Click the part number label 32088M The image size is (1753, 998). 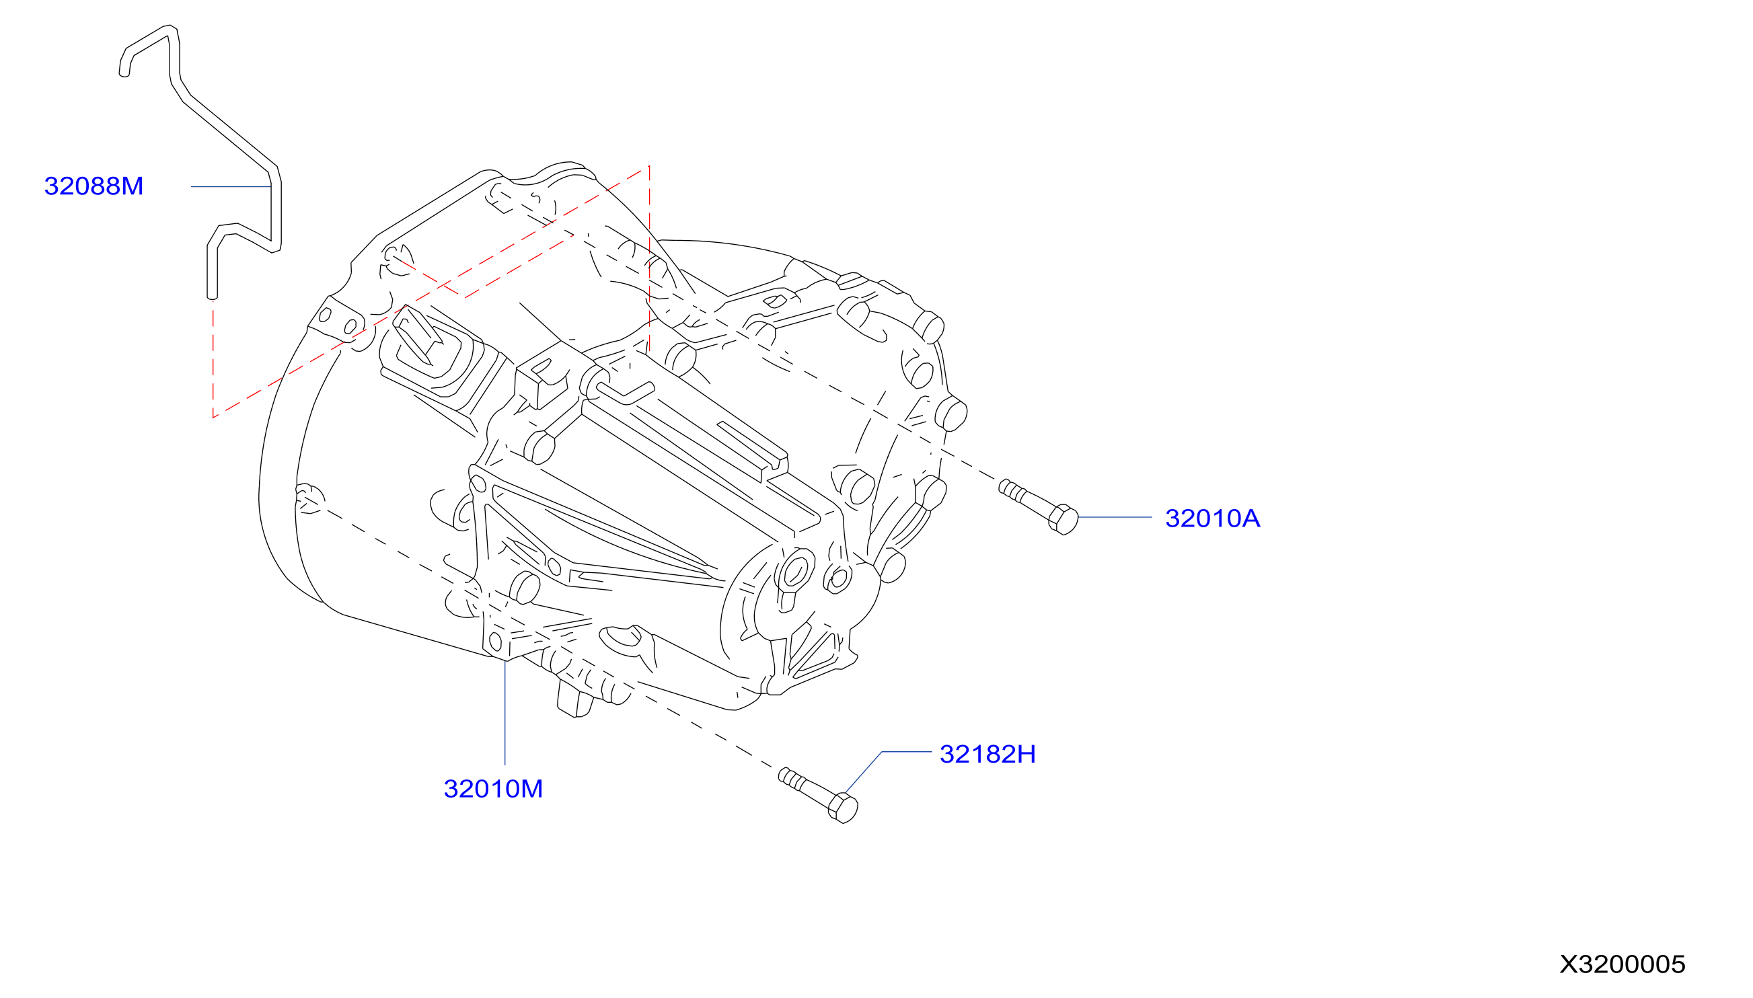pyautogui.click(x=94, y=186)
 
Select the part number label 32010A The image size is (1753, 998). pyautogui.click(x=1212, y=519)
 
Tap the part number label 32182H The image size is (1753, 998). pyautogui.click(x=987, y=754)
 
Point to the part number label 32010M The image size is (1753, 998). pyautogui.click(x=493, y=789)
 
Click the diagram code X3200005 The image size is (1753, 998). pyautogui.click(x=1622, y=964)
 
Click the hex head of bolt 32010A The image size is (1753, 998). pyautogui.click(x=1064, y=520)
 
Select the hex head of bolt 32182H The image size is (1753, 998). pyautogui.click(x=843, y=808)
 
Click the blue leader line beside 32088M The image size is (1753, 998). pyautogui.click(x=231, y=186)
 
